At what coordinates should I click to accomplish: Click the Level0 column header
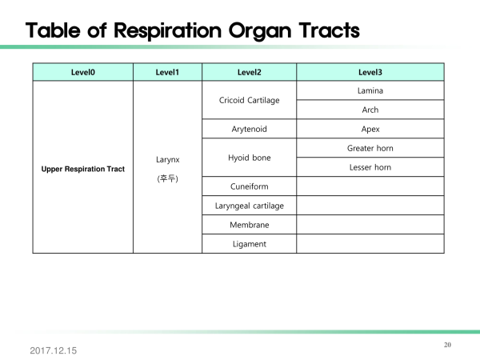click(x=83, y=72)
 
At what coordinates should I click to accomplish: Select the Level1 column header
click(x=167, y=72)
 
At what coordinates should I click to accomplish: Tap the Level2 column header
click(x=249, y=72)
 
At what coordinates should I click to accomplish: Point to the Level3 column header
click(x=370, y=72)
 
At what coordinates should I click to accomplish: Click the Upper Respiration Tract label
click(x=83, y=169)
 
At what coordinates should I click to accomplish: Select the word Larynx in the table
click(x=167, y=160)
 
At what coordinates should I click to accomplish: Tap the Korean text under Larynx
click(x=167, y=178)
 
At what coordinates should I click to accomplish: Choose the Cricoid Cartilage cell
click(x=249, y=100)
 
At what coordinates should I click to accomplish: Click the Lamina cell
click(x=370, y=90)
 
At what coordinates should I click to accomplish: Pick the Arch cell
click(x=370, y=110)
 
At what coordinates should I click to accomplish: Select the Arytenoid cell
click(x=249, y=129)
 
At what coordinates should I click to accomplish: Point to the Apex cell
click(x=370, y=129)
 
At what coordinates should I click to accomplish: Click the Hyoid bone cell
click(x=249, y=158)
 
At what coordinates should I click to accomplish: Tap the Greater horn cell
click(x=370, y=148)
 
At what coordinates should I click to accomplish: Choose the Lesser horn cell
click(x=370, y=167)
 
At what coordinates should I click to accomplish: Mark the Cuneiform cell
click(x=249, y=186)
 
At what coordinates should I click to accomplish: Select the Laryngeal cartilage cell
click(x=249, y=206)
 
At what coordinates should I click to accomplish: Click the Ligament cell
click(x=249, y=244)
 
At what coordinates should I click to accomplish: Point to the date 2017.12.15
click(x=54, y=350)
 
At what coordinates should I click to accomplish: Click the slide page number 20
click(x=447, y=345)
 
